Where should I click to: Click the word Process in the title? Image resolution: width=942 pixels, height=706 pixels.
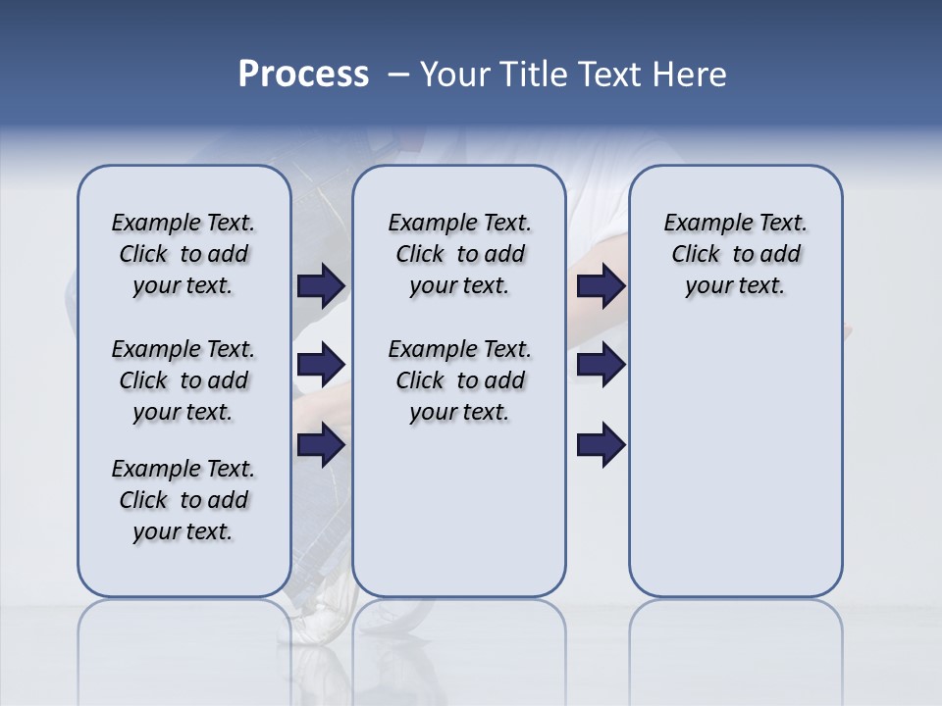point(303,75)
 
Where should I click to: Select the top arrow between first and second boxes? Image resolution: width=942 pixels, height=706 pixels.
point(321,285)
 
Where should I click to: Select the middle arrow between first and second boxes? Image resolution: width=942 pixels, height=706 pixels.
point(321,365)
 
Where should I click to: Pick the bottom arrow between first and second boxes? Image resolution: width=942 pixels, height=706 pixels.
point(321,444)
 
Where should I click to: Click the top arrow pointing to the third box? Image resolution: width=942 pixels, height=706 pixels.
point(601,285)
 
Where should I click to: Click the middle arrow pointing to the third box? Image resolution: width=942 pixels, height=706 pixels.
point(601,365)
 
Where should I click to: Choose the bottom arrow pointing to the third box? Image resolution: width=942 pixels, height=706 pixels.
point(601,444)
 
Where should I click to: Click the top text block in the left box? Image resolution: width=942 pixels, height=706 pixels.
point(183,254)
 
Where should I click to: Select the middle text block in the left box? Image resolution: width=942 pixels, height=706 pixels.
point(183,380)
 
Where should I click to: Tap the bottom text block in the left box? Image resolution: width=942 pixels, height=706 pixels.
point(183,500)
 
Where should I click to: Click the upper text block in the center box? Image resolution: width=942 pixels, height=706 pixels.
point(459,254)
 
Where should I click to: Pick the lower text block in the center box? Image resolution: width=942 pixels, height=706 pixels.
point(459,380)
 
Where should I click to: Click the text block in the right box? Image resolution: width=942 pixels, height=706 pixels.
point(735,254)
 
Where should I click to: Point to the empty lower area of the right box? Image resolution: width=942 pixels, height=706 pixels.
point(735,461)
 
